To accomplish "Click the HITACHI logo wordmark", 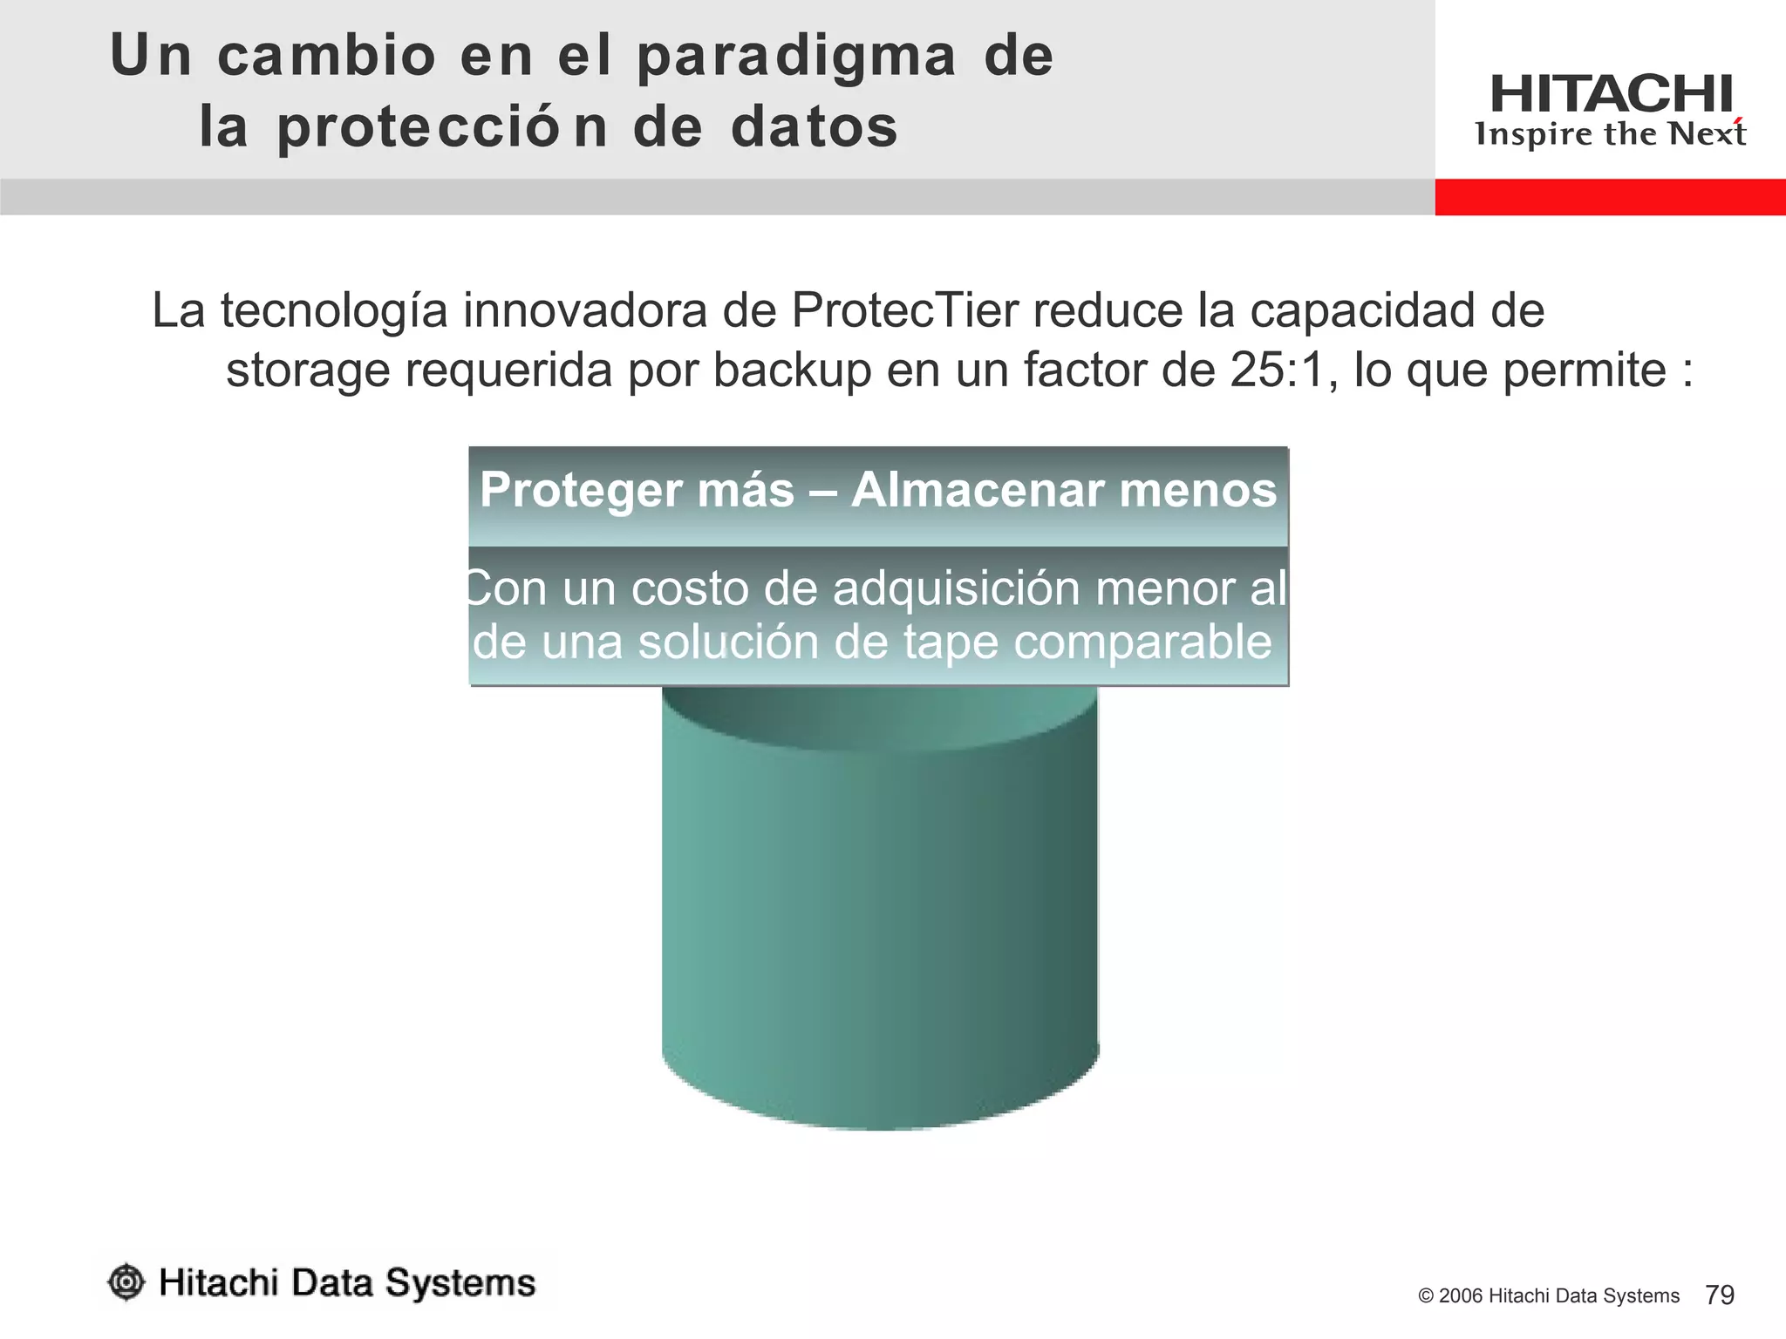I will [x=1611, y=94].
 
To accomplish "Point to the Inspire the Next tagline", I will [x=1610, y=134].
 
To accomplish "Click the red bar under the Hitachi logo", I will [x=1610, y=197].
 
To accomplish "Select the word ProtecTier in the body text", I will [x=904, y=311].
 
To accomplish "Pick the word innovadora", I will [x=584, y=311].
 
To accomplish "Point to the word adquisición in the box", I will [x=957, y=589].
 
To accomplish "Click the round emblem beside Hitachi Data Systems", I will [x=126, y=1282].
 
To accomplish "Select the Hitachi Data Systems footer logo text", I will [x=347, y=1283].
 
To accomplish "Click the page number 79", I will [x=1719, y=1295].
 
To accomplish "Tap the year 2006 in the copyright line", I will [x=1461, y=1296].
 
